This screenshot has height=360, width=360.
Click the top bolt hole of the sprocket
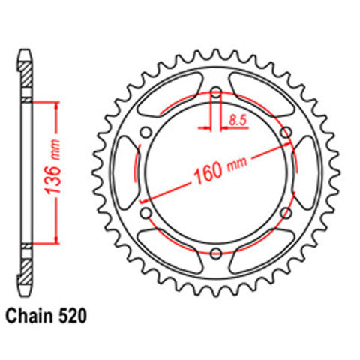pyautogui.click(x=216, y=93)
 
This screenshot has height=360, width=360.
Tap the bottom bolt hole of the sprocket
pyautogui.click(x=216, y=253)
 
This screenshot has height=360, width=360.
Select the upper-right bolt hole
pyautogui.click(x=286, y=133)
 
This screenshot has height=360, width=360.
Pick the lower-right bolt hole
pyautogui.click(x=286, y=213)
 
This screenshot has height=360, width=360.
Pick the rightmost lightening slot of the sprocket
pyautogui.click(x=308, y=173)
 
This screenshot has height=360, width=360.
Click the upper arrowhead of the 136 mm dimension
pyautogui.click(x=55, y=104)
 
